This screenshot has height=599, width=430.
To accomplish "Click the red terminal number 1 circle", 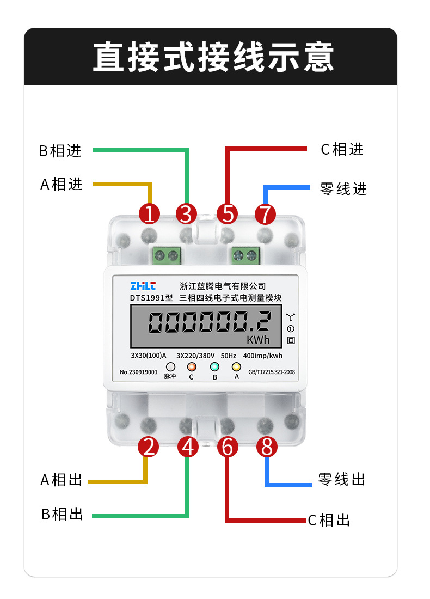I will tap(149, 213).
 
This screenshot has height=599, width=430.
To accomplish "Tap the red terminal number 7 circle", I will tap(265, 213).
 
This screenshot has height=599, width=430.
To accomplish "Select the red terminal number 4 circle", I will tap(188, 447).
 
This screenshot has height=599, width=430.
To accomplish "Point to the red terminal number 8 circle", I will tap(266, 447).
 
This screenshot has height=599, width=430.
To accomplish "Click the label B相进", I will tap(60, 151).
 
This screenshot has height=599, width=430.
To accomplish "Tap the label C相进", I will tap(342, 149).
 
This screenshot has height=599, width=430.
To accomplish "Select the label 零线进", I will tap(343, 189).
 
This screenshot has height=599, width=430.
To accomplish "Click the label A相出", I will tap(62, 480).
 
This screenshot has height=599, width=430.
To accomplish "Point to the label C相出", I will tap(329, 520).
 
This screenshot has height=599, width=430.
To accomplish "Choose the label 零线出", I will tap(341, 479).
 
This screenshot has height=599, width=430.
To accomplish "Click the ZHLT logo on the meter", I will tap(143, 286).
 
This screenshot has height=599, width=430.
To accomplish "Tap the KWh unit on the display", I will tap(258, 340).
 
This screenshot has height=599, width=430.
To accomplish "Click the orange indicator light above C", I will tap(191, 367).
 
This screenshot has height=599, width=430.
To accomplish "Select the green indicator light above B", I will tap(214, 367).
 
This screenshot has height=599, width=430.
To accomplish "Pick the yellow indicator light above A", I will tap(236, 367).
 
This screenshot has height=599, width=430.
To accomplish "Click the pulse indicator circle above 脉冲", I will tap(170, 367).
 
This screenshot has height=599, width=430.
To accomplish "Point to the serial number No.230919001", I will tap(138, 373).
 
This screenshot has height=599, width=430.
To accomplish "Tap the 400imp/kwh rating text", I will tap(262, 356).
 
